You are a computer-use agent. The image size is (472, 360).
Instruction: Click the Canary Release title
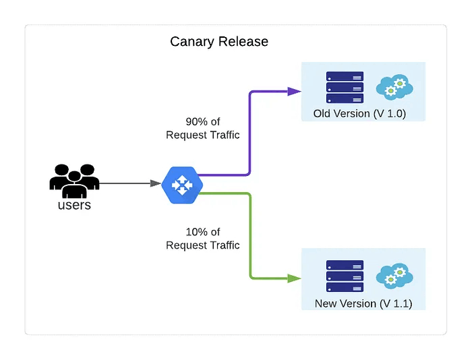(x=219, y=42)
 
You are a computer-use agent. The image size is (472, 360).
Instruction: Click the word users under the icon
(x=74, y=205)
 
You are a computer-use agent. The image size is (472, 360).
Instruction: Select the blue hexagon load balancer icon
(x=182, y=183)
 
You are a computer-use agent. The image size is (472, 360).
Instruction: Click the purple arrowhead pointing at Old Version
(x=294, y=91)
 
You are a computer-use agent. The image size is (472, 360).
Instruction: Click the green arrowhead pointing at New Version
(x=294, y=278)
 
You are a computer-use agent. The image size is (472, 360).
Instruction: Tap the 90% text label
(x=203, y=122)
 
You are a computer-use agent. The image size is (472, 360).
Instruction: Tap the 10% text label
(x=203, y=232)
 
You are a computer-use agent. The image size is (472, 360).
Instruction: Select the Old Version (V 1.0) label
(x=359, y=113)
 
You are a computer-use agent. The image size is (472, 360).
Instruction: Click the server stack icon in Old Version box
(x=345, y=87)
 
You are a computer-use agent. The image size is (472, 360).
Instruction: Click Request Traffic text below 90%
(x=203, y=135)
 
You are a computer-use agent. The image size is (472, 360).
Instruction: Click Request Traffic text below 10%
(x=203, y=245)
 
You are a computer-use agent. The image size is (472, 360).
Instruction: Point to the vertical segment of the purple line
(x=250, y=135)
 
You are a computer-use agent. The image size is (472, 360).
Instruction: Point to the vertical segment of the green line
(x=250, y=236)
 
